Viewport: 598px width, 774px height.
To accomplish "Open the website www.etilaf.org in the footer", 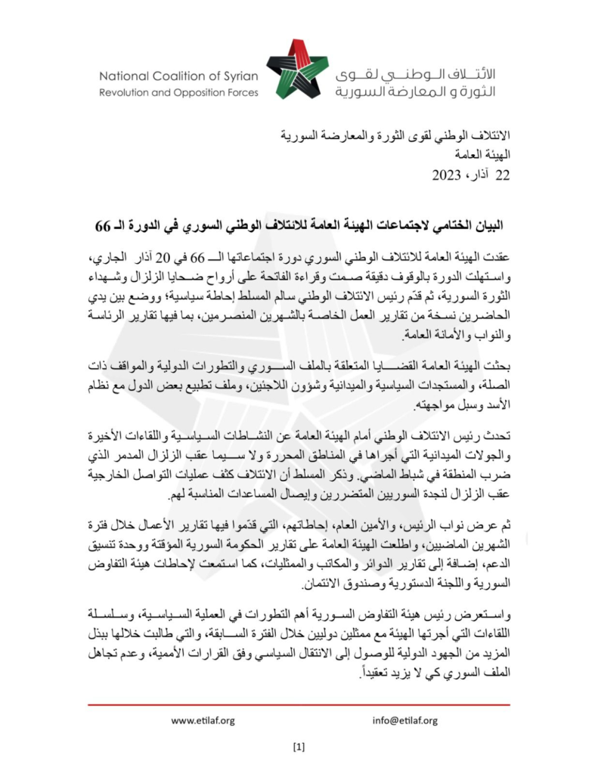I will click(202, 720).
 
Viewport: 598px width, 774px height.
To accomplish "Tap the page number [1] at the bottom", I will click(298, 748).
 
